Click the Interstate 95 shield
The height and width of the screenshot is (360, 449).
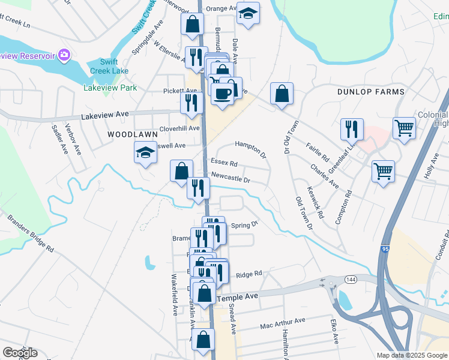pyautogui.click(x=384, y=248)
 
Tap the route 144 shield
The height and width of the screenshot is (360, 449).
pyautogui.click(x=349, y=279)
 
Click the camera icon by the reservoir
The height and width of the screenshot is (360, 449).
pyautogui.click(x=64, y=56)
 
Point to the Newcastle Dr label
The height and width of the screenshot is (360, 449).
pyautogui.click(x=230, y=178)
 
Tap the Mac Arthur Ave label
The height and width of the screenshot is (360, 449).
pyautogui.click(x=283, y=324)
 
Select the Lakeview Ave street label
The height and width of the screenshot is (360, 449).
pyautogui.click(x=105, y=114)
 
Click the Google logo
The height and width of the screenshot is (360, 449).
pyautogui.click(x=20, y=353)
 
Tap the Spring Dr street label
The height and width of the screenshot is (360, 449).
pyautogui.click(x=244, y=224)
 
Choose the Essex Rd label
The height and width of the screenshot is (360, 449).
pyautogui.click(x=224, y=163)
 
